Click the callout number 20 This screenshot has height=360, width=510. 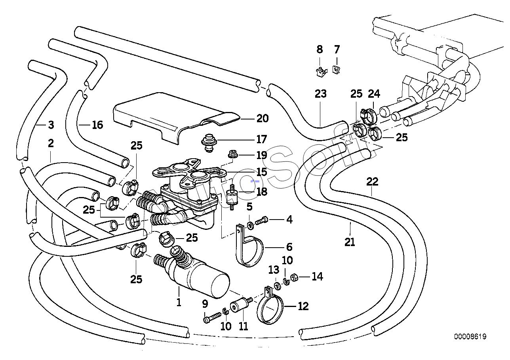263,119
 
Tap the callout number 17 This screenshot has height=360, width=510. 261,139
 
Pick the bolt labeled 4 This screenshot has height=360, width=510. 262,220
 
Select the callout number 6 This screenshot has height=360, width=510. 289,247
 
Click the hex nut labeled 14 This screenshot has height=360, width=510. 294,277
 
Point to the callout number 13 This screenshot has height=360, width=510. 274,270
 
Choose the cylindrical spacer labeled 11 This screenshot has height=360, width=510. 241,304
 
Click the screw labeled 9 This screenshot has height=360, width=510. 212,317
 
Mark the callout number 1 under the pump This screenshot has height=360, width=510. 179,302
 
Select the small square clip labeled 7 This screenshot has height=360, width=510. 336,69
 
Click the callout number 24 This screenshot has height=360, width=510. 374,94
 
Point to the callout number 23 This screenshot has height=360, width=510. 321,94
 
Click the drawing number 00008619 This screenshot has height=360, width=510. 470,336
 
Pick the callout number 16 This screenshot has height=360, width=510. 97,125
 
